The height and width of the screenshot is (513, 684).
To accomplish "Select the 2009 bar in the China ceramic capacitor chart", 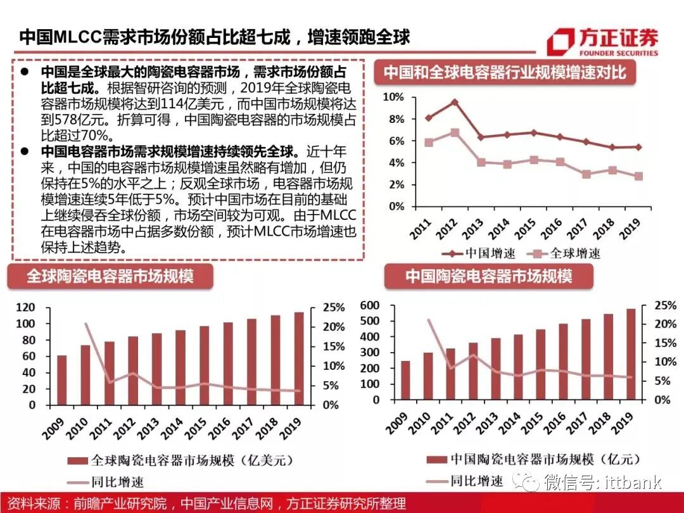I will pos(405,381).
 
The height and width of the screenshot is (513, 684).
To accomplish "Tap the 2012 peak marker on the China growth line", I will pos(454,102).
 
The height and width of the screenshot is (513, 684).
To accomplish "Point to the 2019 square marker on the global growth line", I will pos(638,176).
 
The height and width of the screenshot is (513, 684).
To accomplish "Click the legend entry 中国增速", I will pos(479,253).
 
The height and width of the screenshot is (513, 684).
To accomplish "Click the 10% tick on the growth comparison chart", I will pos(394,97).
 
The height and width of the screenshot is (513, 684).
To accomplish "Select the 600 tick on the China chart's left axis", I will pos(369,306).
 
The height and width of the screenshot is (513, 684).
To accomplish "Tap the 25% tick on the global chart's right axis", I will pos(332,308).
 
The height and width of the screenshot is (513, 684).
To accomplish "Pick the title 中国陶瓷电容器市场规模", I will pos(488,277).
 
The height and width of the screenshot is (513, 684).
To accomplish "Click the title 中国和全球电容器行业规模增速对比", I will pos(505,73).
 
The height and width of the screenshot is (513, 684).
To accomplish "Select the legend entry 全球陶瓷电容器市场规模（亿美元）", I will pos(184,460).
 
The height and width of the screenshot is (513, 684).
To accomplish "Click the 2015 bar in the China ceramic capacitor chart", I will pos(540,365).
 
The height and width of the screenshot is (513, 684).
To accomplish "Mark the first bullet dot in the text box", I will pos(23,71).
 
